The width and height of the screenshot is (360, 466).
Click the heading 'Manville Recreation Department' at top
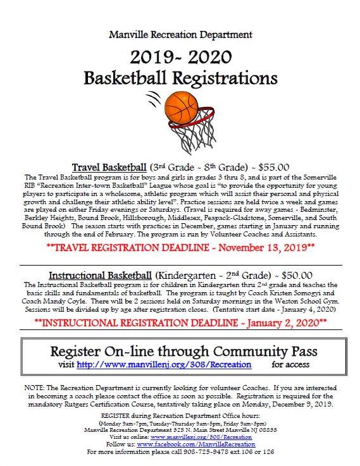click(x=180, y=34)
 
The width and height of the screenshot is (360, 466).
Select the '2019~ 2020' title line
click(x=180, y=58)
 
